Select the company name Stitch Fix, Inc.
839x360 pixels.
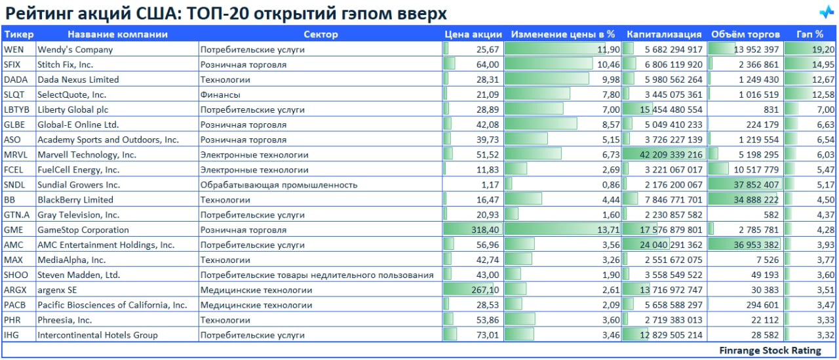click(x=65, y=64)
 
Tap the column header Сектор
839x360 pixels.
click(x=321, y=34)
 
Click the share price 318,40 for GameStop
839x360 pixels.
click(x=484, y=230)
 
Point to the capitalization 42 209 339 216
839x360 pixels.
click(x=664, y=155)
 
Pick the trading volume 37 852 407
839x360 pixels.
click(x=754, y=185)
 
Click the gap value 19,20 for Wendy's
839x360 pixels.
click(x=823, y=49)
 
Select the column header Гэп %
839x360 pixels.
click(x=810, y=34)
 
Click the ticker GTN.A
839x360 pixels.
click(x=16, y=214)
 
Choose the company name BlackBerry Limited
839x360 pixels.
click(x=75, y=199)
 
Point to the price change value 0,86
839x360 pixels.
click(x=610, y=185)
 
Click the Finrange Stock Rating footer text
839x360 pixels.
click(x=770, y=350)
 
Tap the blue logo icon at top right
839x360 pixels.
click(x=825, y=12)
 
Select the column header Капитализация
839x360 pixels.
click(x=663, y=34)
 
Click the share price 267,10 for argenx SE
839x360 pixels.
click(x=485, y=290)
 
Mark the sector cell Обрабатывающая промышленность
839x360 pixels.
click(x=279, y=185)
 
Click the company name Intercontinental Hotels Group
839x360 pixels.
click(x=97, y=335)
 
